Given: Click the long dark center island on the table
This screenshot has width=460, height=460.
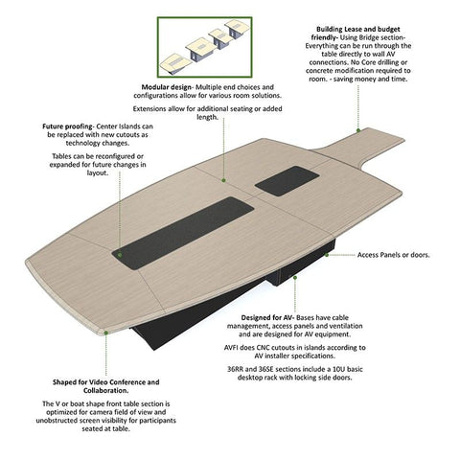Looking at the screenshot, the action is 183,234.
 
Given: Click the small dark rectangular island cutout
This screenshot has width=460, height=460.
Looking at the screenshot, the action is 287,181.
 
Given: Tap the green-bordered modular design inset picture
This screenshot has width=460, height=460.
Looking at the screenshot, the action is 205,47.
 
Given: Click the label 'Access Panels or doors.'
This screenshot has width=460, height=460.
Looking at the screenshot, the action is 394,255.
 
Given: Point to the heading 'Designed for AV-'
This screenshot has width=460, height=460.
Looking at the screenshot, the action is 267,318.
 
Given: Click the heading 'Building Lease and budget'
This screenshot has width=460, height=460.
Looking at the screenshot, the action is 358,30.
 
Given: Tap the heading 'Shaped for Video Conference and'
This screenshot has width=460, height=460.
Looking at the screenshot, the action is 106,382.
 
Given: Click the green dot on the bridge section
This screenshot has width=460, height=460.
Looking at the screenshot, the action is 358,130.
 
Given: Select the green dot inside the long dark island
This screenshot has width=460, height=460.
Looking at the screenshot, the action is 120,255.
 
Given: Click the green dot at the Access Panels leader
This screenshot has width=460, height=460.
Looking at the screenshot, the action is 327,255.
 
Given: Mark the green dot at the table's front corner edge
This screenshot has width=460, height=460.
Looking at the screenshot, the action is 106,333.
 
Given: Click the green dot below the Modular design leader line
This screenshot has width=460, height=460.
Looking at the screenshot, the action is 223,180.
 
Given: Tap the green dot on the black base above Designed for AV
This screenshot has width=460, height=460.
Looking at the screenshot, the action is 295,278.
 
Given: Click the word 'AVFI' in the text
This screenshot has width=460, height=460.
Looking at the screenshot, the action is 231,348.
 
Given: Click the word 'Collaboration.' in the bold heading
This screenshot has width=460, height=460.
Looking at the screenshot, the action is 106,391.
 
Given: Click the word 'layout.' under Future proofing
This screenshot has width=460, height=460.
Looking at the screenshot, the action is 98,172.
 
